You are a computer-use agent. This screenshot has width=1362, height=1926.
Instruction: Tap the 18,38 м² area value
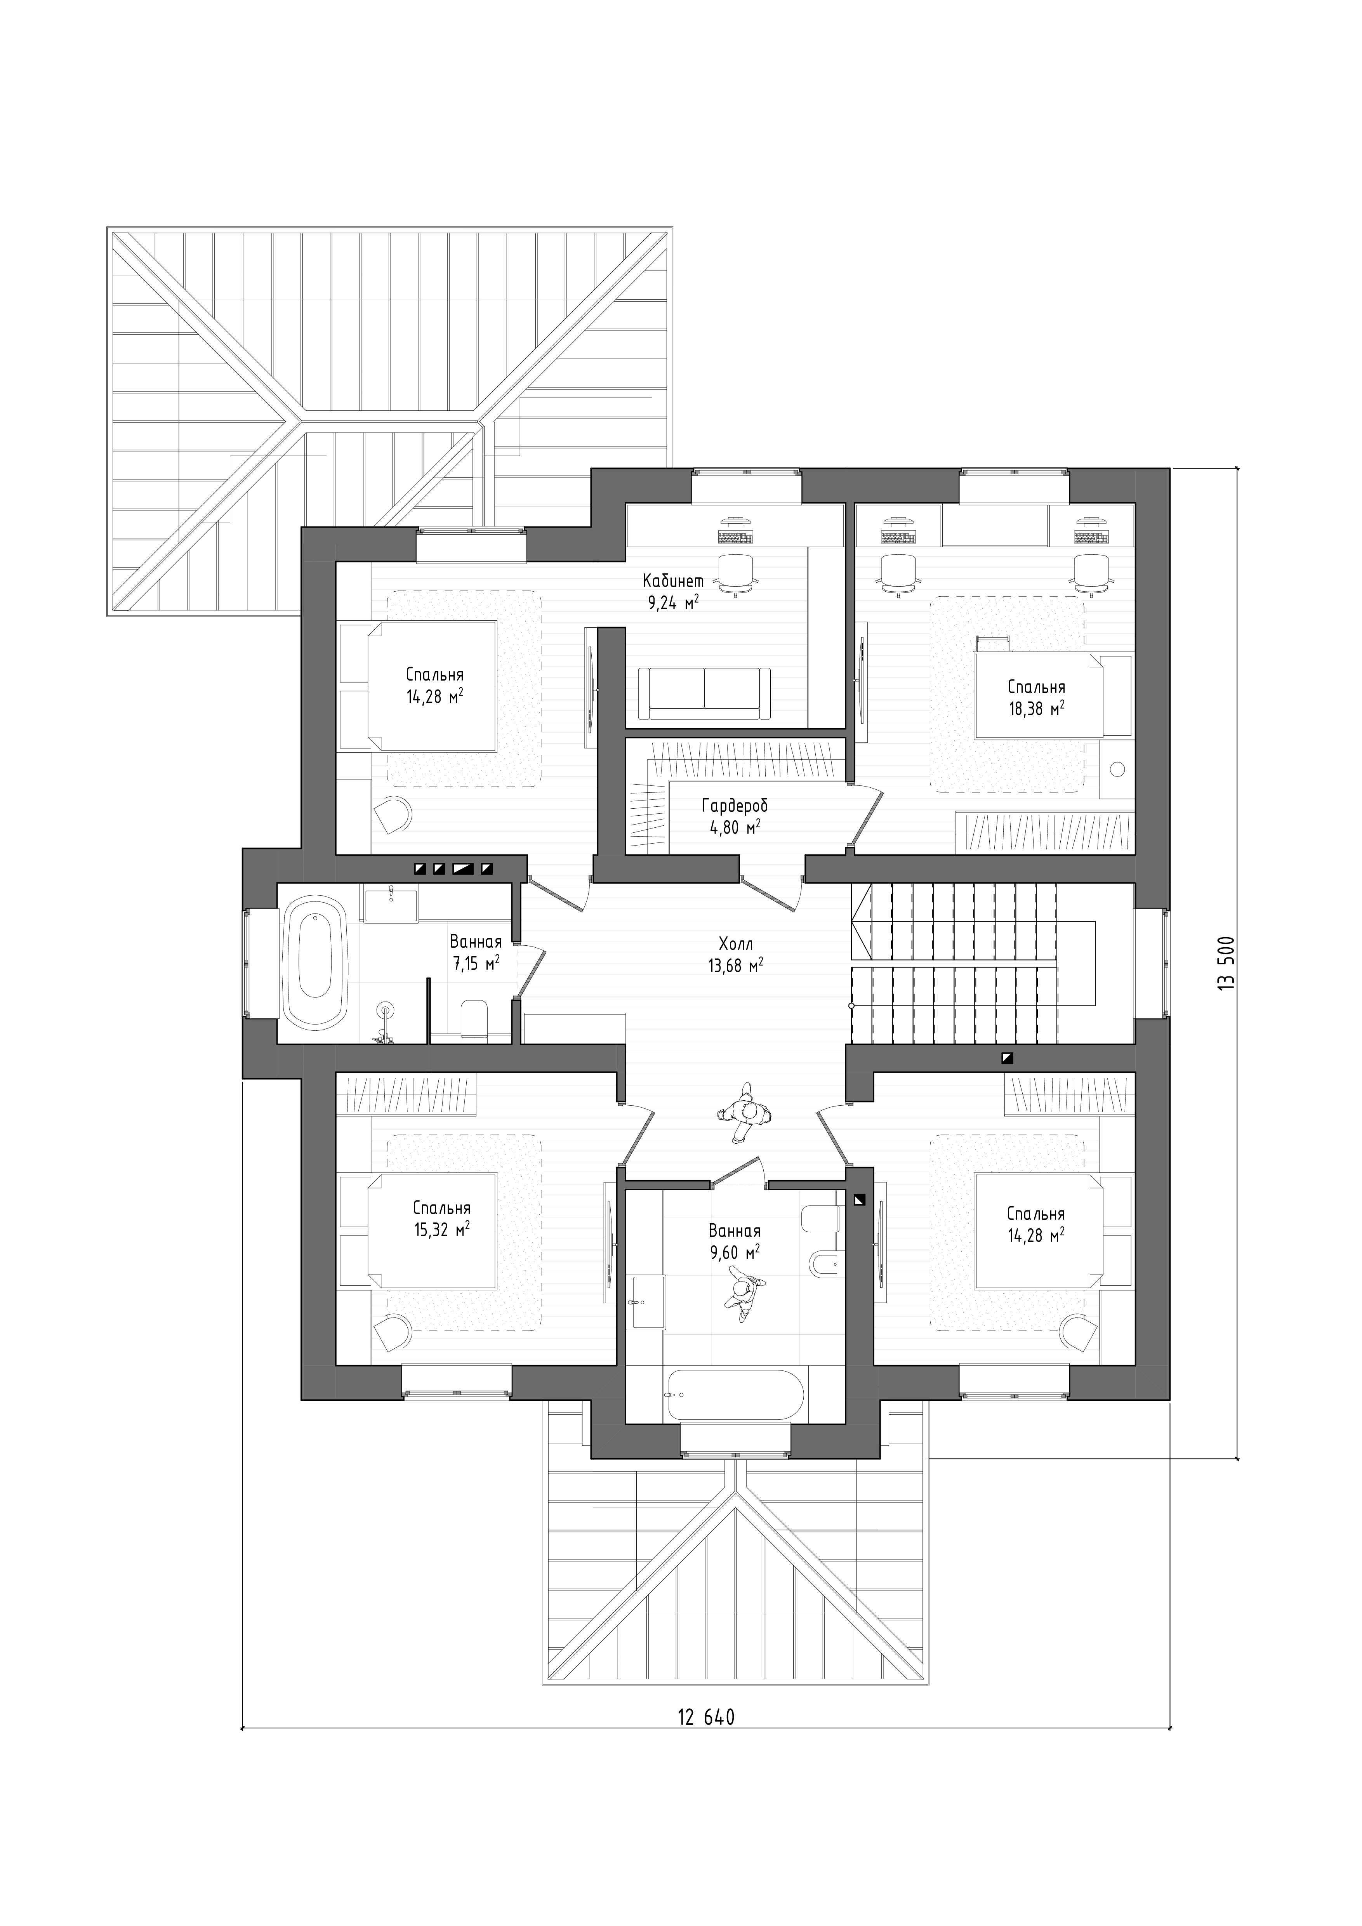click(1037, 707)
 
